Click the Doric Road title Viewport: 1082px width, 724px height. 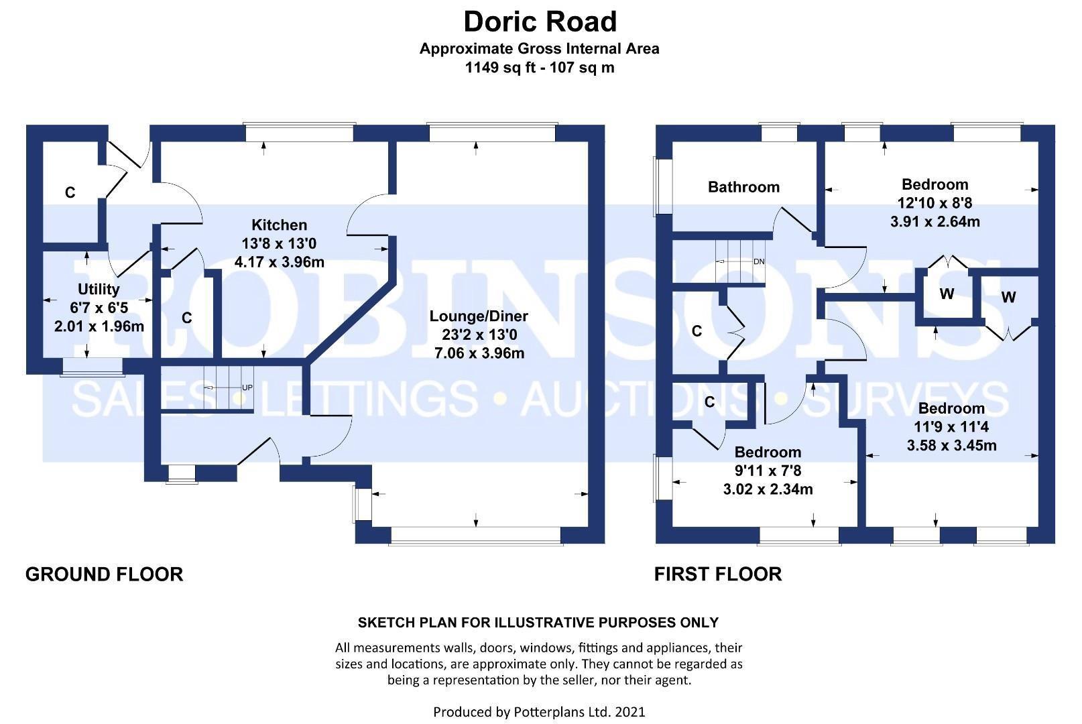click(x=540, y=21)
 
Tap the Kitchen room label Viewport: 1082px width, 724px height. click(x=279, y=225)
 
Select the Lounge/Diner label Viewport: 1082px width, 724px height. click(x=479, y=316)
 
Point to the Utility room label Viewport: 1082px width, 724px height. click(x=99, y=290)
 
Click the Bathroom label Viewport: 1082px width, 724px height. click(x=744, y=187)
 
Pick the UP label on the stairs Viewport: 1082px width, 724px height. click(x=247, y=387)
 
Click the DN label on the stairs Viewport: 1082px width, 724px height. click(x=759, y=262)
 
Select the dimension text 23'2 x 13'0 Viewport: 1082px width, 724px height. click(x=479, y=335)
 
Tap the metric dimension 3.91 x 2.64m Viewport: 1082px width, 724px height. click(x=935, y=222)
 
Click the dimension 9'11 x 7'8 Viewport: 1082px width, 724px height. click(x=768, y=471)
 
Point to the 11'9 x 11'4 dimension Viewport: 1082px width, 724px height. click(x=951, y=427)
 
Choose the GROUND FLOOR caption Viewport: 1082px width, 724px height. click(x=105, y=575)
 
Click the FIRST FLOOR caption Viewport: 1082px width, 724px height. click(x=718, y=575)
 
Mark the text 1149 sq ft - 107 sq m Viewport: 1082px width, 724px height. click(x=540, y=67)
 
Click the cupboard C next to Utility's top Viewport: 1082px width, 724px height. click(x=70, y=192)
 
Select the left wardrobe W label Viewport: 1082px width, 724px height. click(x=947, y=294)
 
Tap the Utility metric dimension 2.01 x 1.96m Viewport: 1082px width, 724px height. click(x=99, y=326)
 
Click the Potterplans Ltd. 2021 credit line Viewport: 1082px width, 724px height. click(x=539, y=712)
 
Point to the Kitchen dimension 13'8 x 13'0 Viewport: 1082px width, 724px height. click(x=279, y=243)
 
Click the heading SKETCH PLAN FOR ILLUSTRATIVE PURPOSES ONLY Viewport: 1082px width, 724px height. click(x=538, y=623)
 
